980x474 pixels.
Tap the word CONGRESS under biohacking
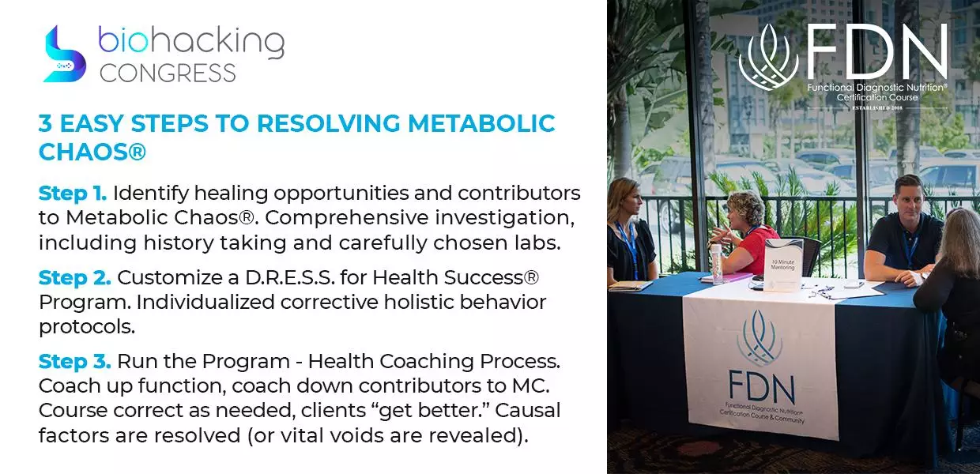168,73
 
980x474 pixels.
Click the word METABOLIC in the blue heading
481,123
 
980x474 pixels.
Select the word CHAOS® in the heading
92,152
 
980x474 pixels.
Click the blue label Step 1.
73,194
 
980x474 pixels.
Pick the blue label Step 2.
75,277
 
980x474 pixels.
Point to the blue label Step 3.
75,362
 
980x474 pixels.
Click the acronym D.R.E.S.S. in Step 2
289,277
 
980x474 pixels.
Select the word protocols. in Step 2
87,327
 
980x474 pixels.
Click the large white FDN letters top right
876,51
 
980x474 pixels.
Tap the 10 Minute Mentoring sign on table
782,265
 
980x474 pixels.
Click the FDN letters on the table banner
761,387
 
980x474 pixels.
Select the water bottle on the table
717,264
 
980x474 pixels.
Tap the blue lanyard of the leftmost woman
629,248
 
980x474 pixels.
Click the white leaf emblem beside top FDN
769,57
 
